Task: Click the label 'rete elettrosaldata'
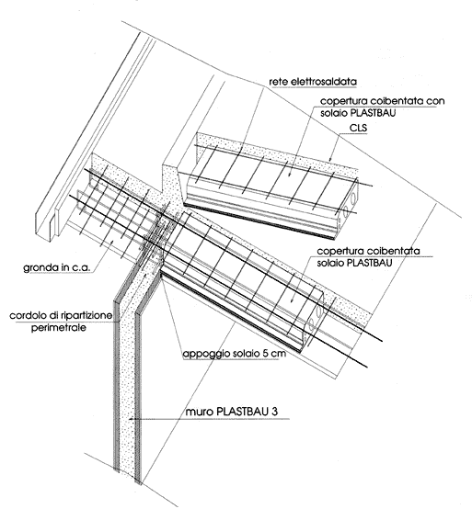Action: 313,82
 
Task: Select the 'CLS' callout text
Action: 358,128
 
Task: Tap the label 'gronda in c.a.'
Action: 56,267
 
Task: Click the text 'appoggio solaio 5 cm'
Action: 235,354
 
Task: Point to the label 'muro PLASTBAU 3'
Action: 232,412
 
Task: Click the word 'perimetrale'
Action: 59,327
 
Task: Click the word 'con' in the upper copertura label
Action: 435,101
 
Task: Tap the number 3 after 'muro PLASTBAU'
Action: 275,412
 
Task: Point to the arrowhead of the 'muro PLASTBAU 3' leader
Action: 131,419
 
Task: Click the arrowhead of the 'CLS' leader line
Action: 329,160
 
